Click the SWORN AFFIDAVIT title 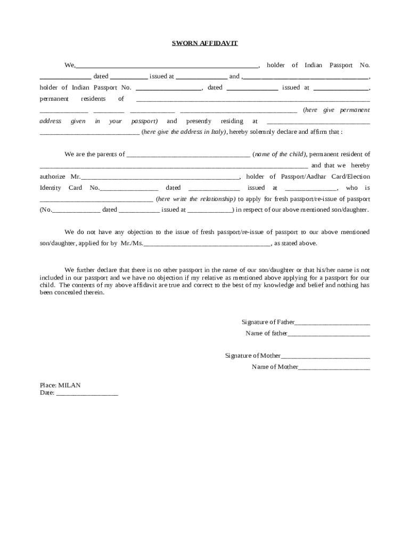(x=204, y=43)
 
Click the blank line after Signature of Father (x=332, y=323)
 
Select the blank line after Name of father (x=329, y=334)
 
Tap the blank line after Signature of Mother (x=325, y=356)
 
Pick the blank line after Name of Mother (x=334, y=367)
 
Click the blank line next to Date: (x=87, y=394)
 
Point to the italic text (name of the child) (x=279, y=154)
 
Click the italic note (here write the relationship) (x=195, y=199)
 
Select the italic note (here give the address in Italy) (x=184, y=132)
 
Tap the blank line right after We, (x=167, y=66)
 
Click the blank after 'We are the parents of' (x=188, y=155)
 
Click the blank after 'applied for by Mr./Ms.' (x=207, y=244)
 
